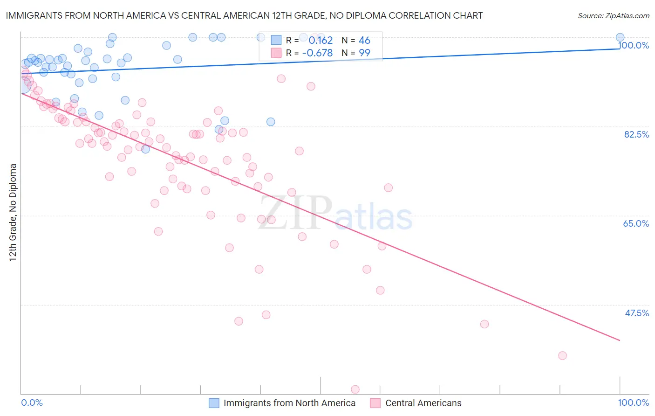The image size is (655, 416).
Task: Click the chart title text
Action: pyautogui.click(x=244, y=15)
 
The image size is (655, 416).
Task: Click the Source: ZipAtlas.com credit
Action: pyautogui.click(x=613, y=15)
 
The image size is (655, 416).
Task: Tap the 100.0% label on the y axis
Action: pyautogui.click(x=634, y=45)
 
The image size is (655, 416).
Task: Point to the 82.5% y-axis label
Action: pyautogui.click(x=636, y=134)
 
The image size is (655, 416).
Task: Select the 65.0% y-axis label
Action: pyautogui.click(x=636, y=223)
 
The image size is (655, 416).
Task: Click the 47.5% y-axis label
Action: pyautogui.click(x=637, y=313)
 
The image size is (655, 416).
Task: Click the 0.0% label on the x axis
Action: pyautogui.click(x=32, y=402)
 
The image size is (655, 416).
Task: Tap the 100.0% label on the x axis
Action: pyautogui.click(x=633, y=402)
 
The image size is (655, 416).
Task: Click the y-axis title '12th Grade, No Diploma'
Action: pyautogui.click(x=13, y=212)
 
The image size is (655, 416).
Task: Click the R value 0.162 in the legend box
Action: pyautogui.click(x=321, y=41)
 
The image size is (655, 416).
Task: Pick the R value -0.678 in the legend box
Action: pyautogui.click(x=317, y=53)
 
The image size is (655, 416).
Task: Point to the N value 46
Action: pyautogui.click(x=364, y=41)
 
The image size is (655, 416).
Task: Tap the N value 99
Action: pyautogui.click(x=364, y=53)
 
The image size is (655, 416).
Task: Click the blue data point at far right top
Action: pyautogui.click(x=620, y=37)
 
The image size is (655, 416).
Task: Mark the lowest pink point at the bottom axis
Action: pyautogui.click(x=355, y=389)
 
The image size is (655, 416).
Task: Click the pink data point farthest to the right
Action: pyautogui.click(x=562, y=355)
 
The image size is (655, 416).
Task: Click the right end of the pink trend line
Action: pyautogui.click(x=620, y=340)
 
